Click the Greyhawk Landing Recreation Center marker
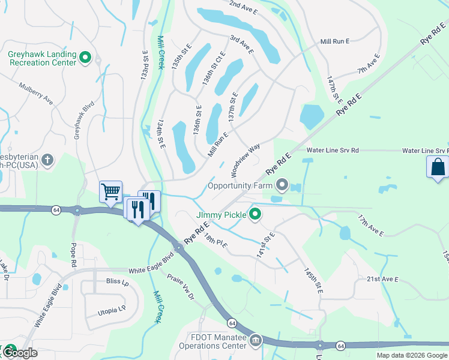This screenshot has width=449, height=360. point(85,58)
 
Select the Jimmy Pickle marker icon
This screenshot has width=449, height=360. point(255,214)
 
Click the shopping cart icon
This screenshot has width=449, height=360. point(110,192)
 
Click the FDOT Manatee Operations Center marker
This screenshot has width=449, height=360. point(256,341)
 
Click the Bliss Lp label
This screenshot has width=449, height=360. point(117,282)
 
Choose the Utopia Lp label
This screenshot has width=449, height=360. point(112,311)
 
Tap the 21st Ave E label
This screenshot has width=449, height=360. point(382,280)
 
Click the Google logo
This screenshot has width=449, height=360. point(19,352)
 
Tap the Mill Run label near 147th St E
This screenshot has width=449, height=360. point(334,41)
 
